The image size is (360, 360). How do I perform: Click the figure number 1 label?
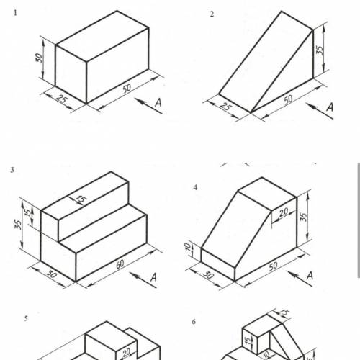[x=15, y=13]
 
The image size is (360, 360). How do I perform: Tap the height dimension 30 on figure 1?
[x=39, y=58]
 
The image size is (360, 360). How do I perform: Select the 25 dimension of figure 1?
[x=61, y=99]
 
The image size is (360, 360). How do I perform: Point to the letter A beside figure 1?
[x=158, y=102]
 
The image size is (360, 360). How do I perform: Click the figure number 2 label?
[x=212, y=14]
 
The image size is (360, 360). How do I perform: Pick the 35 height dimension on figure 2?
[x=320, y=50]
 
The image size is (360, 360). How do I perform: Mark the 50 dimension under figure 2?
[x=288, y=99]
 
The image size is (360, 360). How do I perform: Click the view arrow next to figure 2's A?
[x=320, y=111]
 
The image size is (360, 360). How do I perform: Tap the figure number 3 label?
[x=12, y=170]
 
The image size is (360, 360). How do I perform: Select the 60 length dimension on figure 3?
[x=120, y=264]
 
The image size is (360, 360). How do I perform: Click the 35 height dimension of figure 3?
[x=18, y=225]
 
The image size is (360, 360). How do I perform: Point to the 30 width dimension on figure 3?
[x=52, y=274]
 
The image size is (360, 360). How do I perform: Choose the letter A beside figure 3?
[x=153, y=277]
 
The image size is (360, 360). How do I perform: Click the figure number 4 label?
[x=195, y=187]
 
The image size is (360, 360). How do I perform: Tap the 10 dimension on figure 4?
[x=187, y=247]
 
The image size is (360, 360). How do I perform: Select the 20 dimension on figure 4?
[x=284, y=212]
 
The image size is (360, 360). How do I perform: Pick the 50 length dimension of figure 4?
[x=273, y=266]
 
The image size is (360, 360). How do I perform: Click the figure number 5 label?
[x=26, y=318]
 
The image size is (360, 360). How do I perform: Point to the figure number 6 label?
[x=194, y=322]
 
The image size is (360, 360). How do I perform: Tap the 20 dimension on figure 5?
[x=126, y=353]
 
